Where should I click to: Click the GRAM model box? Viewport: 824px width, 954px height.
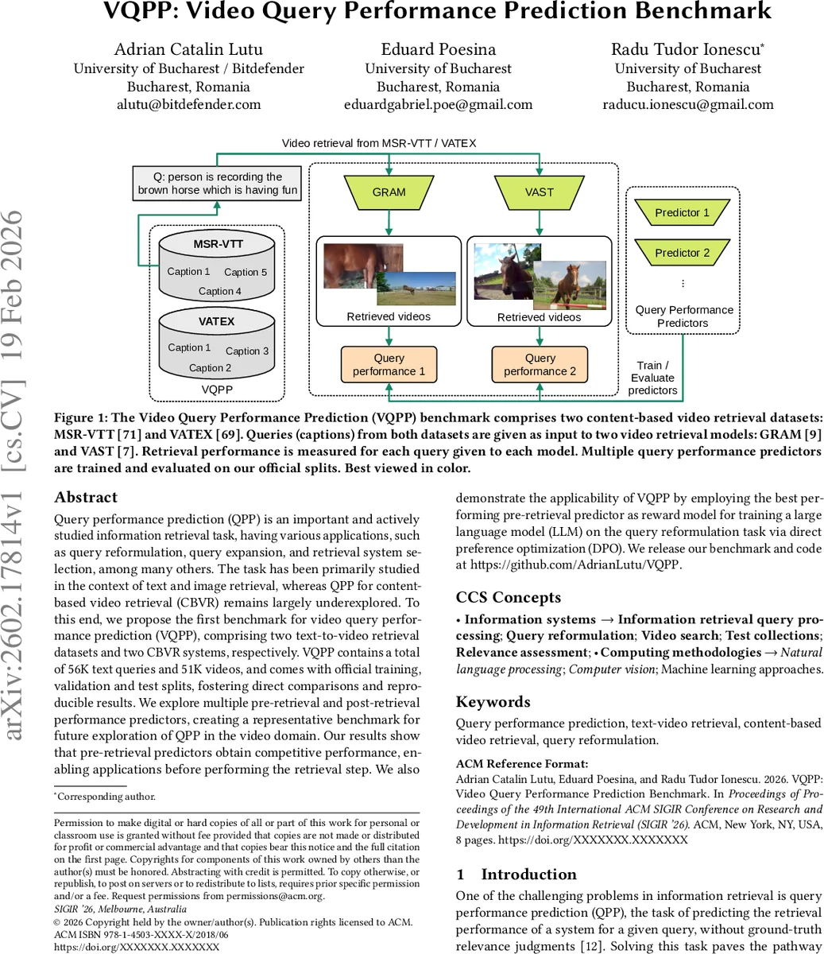coord(389,192)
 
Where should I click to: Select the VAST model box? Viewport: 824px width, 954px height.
coord(540,192)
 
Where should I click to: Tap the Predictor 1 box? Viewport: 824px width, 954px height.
coord(682,212)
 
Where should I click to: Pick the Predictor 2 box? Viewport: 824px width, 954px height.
coord(682,253)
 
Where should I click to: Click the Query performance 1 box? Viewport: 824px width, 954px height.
coord(389,364)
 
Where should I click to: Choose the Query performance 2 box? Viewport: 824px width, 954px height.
coord(540,364)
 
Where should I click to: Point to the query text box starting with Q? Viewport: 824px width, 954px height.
coord(217,184)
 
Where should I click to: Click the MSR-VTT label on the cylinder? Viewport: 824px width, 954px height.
coord(216,244)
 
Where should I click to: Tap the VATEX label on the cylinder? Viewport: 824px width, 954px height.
coord(216,321)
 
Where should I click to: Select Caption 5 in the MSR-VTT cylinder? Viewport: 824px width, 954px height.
coord(246,272)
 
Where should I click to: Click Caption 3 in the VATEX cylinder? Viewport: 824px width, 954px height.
coord(247,351)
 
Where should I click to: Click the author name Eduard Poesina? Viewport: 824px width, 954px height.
coord(438,49)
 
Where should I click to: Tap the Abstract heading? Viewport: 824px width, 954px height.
coord(86,498)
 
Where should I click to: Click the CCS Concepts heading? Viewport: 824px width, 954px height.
coord(508,598)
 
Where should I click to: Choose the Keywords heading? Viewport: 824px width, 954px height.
coord(493,702)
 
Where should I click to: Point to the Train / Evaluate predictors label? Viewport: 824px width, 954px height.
coord(652,378)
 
